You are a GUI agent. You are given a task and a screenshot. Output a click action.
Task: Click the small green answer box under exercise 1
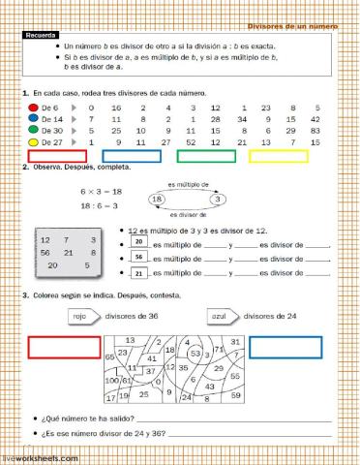205,155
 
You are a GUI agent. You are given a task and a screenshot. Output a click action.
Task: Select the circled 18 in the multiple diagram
159,198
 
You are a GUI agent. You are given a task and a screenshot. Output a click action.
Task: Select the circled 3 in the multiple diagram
219,198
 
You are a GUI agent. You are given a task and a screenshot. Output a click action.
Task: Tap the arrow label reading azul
220,315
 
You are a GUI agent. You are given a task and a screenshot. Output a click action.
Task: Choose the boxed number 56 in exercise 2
139,257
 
